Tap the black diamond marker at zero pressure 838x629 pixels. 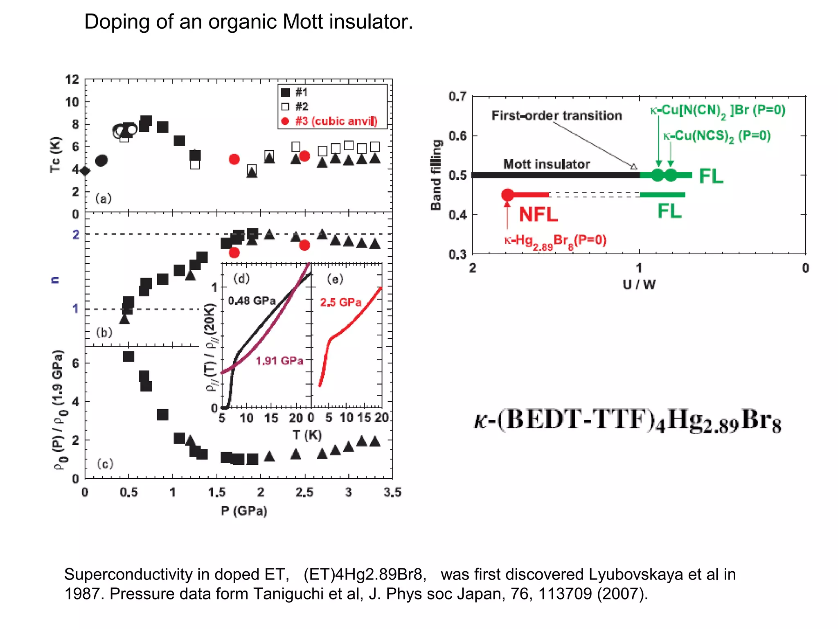pos(85,171)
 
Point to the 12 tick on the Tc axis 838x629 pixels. pos(72,79)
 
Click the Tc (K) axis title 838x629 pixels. pos(55,155)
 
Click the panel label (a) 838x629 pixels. pos(103,199)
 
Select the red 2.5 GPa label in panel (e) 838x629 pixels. pos(340,302)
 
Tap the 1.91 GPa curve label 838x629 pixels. pos(279,361)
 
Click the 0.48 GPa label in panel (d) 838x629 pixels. pos(252,301)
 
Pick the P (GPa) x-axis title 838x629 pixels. pos(244,511)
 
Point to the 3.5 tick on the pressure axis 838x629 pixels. pos(392,492)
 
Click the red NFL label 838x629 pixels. pos(538,215)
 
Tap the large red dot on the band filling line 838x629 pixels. pos(507,195)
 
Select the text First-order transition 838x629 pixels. pos(556,116)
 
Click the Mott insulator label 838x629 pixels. pos(546,164)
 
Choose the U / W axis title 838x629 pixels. pos(639,285)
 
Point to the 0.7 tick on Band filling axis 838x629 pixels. pos(457,97)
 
